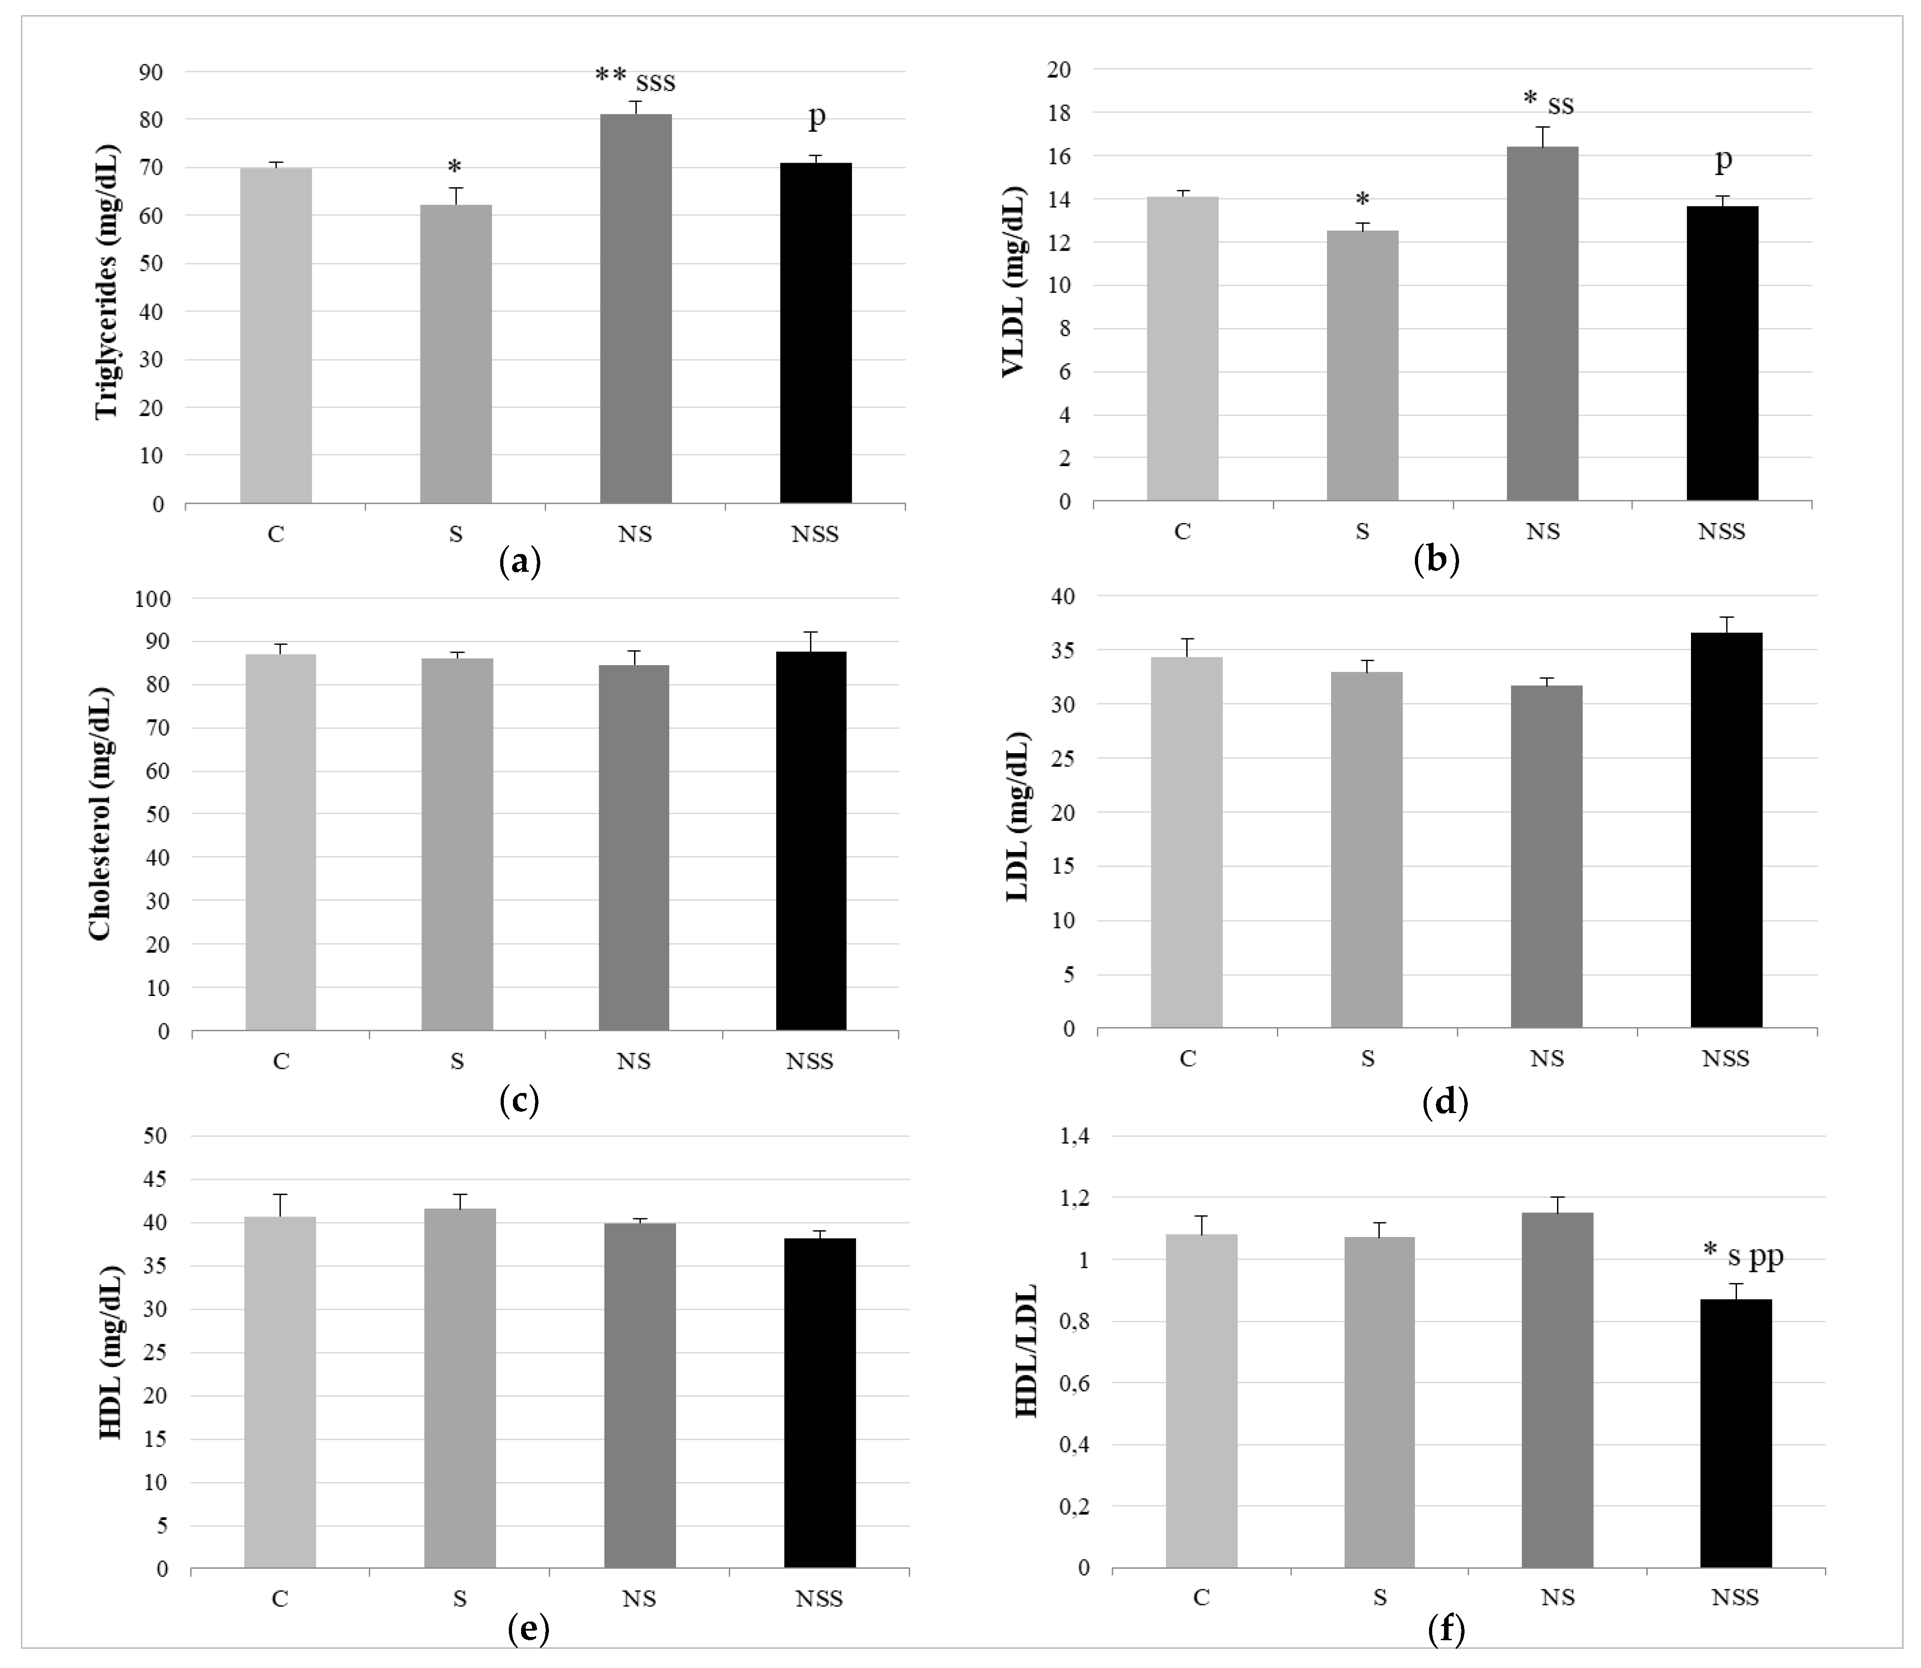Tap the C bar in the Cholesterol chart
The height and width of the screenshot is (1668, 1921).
(280, 842)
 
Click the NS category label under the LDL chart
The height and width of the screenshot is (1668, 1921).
(1547, 1058)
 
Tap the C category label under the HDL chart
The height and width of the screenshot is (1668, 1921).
(279, 1598)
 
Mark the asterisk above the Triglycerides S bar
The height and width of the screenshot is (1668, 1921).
(454, 168)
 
